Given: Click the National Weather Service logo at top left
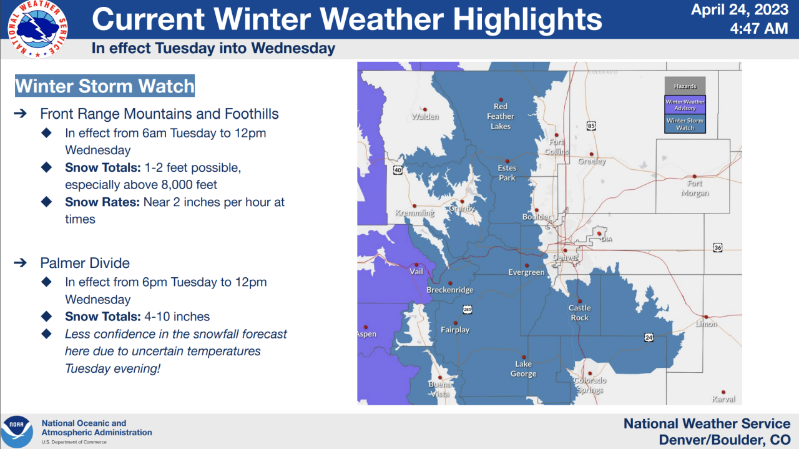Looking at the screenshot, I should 37,29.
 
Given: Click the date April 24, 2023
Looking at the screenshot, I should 740,10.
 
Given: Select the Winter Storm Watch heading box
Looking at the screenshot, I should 105,86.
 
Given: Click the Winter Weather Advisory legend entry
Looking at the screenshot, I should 685,105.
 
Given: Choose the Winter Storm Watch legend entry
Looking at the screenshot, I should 685,124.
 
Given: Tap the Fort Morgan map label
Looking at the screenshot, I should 694,188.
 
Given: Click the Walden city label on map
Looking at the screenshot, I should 425,116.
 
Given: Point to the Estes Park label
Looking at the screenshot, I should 507,173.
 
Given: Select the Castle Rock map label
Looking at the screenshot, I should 579,313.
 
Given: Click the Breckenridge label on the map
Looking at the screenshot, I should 450,290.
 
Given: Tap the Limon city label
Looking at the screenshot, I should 706,324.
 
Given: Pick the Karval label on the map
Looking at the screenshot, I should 723,399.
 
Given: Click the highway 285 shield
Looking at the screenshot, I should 468,310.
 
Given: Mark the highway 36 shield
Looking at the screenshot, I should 717,247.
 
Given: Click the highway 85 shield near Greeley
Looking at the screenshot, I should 591,126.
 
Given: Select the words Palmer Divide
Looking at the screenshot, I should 85,263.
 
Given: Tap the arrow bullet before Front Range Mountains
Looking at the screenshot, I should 20,114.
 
